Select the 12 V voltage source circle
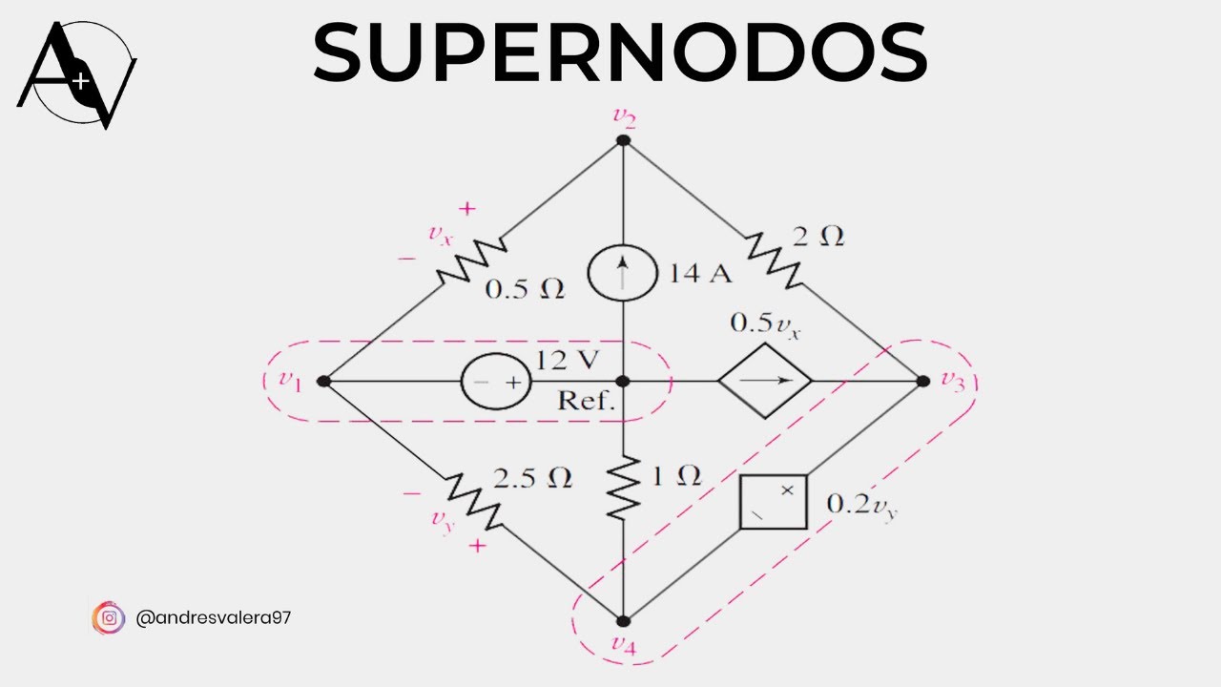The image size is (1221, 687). point(496,382)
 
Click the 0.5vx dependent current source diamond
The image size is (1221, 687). point(765,381)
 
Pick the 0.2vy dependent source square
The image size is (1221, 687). point(774,502)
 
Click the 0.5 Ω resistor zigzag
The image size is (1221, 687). point(470,260)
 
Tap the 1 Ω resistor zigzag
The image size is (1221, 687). point(622,488)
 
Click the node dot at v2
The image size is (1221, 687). point(623,140)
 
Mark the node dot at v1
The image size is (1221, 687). point(323,381)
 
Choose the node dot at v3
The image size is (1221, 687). point(922,381)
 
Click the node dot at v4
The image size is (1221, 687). point(623,620)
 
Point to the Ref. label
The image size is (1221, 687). point(586,401)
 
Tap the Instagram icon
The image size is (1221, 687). point(109,618)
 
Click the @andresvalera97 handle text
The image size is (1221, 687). point(214,618)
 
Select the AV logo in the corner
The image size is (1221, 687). point(77,75)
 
